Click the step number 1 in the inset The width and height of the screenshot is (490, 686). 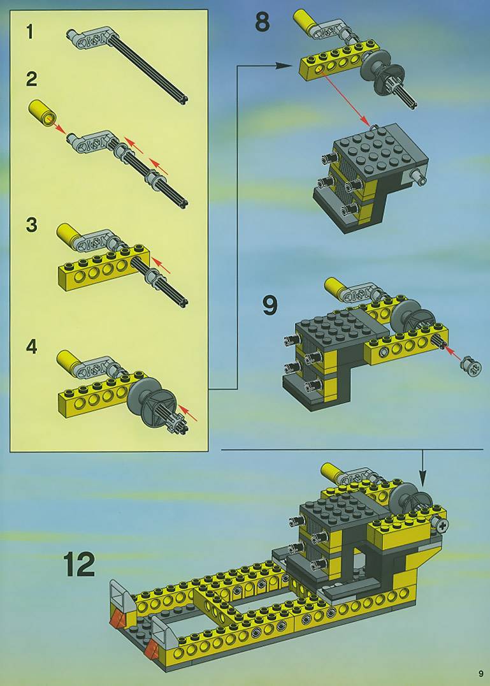coord(30,32)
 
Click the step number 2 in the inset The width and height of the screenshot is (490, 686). coord(31,79)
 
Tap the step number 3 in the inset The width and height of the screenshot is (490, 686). coord(31,225)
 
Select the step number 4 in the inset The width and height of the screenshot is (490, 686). coord(31,347)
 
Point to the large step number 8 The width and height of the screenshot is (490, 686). coord(263,22)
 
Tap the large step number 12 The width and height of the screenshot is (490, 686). coord(79,564)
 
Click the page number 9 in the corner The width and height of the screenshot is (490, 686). coord(481,673)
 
